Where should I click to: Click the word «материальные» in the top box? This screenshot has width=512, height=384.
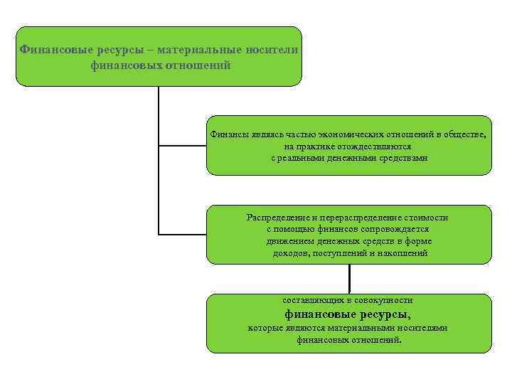[x=203, y=50]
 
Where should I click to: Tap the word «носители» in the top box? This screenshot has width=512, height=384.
[x=273, y=50]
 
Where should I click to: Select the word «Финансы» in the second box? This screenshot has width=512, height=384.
[x=229, y=134]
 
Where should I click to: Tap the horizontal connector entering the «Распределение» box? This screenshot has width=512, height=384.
[x=182, y=233]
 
